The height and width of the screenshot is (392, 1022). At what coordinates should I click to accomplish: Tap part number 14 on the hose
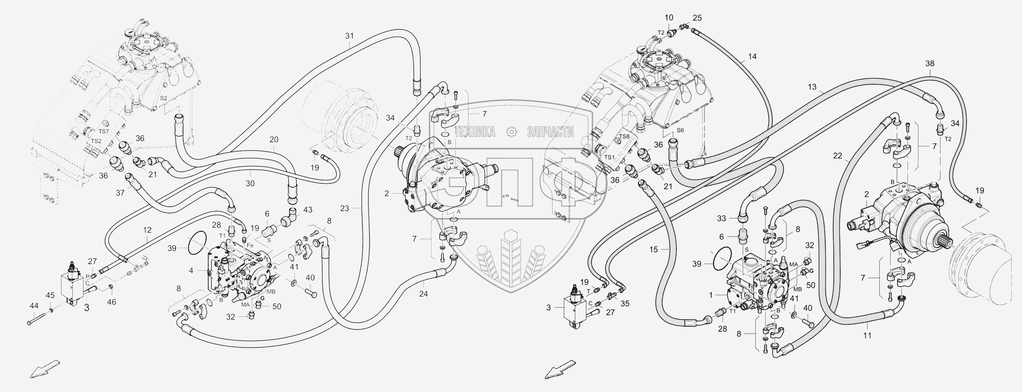pos(753,57)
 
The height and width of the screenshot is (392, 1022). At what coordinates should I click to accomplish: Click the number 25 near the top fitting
pos(698,18)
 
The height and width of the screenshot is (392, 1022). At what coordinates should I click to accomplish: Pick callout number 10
pos(669,18)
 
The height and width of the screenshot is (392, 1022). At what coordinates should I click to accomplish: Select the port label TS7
pos(104,132)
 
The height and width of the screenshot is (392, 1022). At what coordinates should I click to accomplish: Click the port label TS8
pos(624,136)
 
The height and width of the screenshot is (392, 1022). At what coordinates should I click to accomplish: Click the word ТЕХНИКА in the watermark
pos(475,132)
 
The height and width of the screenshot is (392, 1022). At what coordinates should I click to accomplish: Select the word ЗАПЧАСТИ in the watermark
pos(551,132)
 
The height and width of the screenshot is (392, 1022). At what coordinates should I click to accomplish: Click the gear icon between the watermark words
pos(511,132)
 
